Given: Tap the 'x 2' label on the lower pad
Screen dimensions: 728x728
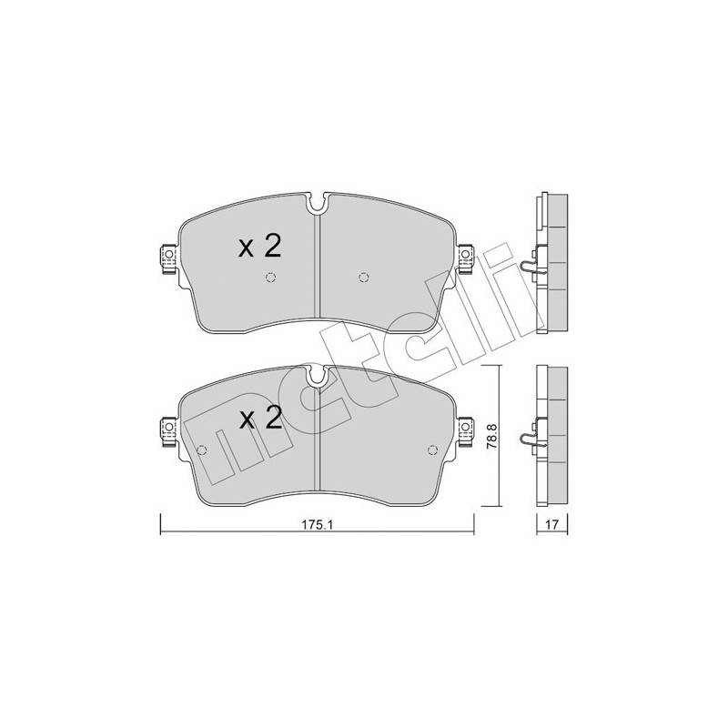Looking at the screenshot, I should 259,419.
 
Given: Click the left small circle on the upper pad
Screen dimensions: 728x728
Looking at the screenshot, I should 270,278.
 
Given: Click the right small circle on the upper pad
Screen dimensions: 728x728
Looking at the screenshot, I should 364,278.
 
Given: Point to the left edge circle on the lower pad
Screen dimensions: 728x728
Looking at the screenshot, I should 202,450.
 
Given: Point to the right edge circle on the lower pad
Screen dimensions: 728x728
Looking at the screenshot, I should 433,450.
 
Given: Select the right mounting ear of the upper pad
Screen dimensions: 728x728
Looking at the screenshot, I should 467,258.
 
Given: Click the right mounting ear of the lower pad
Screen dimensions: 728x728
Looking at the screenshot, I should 467,429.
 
